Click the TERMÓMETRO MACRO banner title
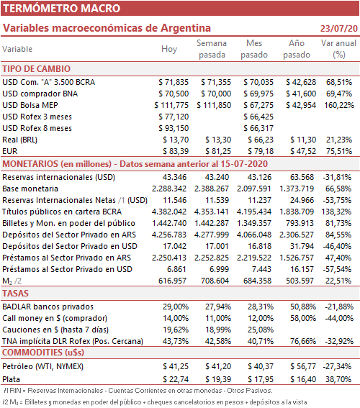point(61,9)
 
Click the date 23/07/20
point(339,28)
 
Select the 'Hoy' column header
point(169,49)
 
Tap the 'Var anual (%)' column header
point(338,49)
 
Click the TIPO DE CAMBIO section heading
point(37,69)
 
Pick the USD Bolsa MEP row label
point(30,105)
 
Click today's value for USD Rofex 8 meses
point(174,128)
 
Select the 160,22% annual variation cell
point(339,105)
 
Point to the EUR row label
point(10,151)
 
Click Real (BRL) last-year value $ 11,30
point(303,140)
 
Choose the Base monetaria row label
point(30,189)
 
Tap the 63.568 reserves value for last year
point(302,177)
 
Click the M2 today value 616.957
point(172,281)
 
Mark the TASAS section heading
point(15,294)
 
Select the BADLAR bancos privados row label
point(48,307)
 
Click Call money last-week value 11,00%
point(218,318)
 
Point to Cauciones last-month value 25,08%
point(261,330)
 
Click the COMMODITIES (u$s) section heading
point(43,353)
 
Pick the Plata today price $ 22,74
point(176,379)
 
